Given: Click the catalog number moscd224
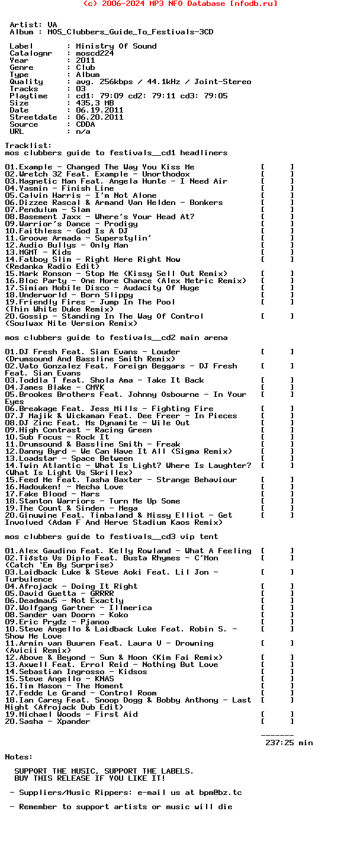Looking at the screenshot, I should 95,53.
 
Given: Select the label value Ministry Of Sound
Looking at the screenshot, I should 116,46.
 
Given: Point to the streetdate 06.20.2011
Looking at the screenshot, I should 99,117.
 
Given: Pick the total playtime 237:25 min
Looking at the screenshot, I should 289,743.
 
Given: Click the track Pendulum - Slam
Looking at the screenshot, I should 48,210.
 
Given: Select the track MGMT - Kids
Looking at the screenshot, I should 38,252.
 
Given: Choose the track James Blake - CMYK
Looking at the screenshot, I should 55,387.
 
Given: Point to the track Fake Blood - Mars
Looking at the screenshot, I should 53,494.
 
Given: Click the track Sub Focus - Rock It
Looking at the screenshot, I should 57,437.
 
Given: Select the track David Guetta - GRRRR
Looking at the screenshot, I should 60,594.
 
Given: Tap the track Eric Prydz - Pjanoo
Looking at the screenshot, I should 57,622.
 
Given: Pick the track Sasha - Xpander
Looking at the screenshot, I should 48,721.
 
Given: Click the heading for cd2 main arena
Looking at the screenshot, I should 116,338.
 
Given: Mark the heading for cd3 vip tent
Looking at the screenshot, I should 111,537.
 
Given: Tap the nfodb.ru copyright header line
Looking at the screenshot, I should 180,4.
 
